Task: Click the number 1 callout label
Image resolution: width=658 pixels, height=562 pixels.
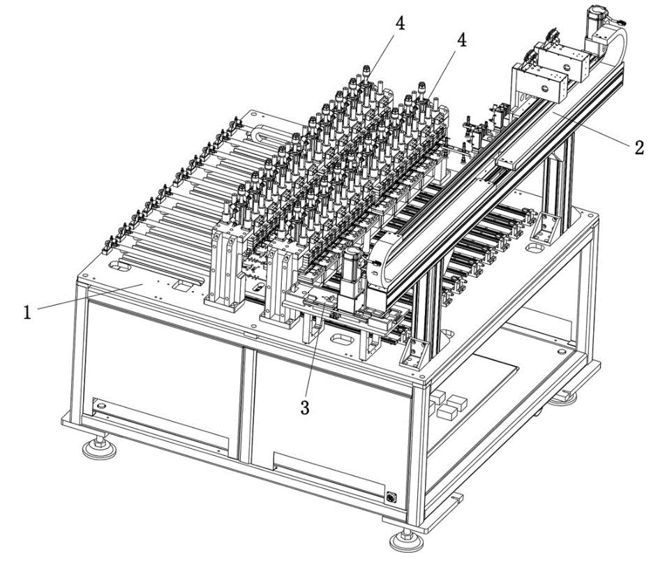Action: click(x=27, y=312)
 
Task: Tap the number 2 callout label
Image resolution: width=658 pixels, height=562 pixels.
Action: click(x=638, y=148)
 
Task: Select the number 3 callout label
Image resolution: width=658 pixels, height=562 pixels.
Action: click(x=305, y=407)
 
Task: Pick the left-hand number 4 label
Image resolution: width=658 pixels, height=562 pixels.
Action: click(x=401, y=24)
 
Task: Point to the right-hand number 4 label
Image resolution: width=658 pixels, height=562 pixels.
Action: click(x=461, y=40)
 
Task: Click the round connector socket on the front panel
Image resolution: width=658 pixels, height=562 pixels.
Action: click(x=391, y=497)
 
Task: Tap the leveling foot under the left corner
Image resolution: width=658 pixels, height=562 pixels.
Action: click(x=99, y=448)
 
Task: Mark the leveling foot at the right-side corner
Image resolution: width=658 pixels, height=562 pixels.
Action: click(x=563, y=397)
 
